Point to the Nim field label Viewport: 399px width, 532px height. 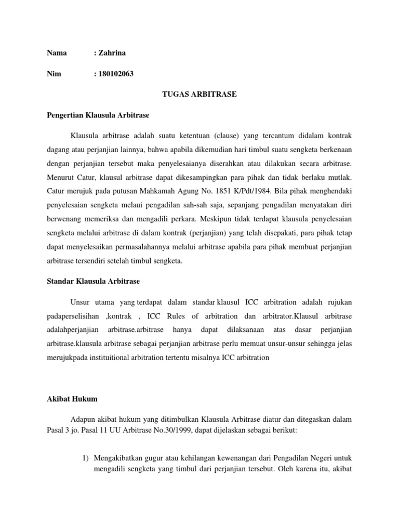[54, 74]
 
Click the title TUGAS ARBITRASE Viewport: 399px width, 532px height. [199, 94]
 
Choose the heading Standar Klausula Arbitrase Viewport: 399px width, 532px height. [93, 281]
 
